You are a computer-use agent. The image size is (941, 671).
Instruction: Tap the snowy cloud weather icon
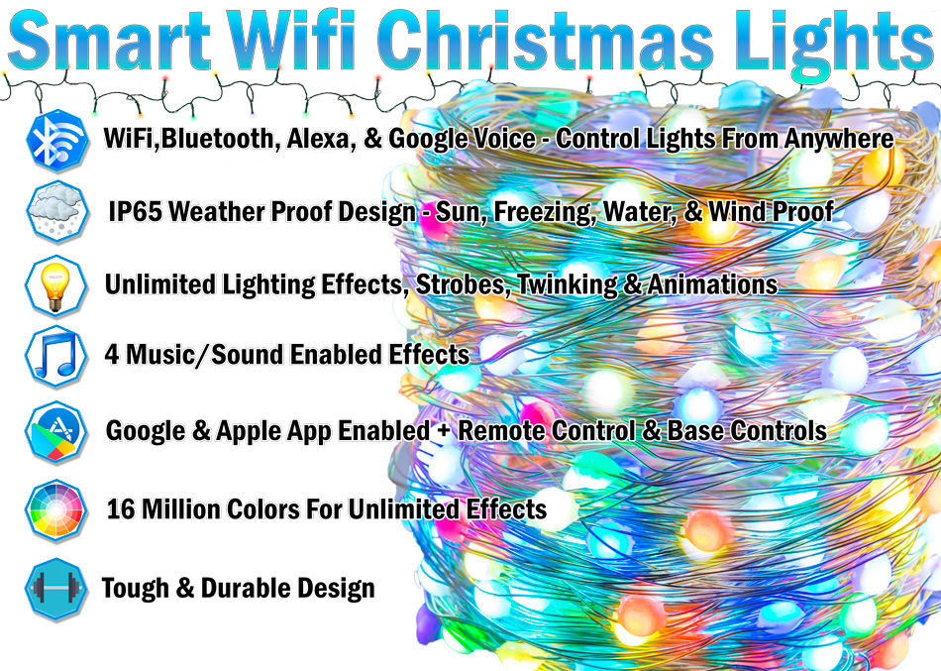(x=57, y=211)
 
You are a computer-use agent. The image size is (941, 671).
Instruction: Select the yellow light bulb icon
(x=55, y=285)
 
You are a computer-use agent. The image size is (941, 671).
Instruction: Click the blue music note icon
(x=55, y=356)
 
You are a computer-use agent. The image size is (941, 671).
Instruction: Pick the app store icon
(x=55, y=432)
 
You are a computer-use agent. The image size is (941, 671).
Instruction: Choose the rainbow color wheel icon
(x=55, y=510)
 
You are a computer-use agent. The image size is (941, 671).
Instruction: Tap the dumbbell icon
(x=55, y=589)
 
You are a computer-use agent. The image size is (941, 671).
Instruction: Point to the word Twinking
(x=567, y=284)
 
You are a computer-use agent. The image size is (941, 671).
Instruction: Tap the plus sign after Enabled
(x=444, y=431)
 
